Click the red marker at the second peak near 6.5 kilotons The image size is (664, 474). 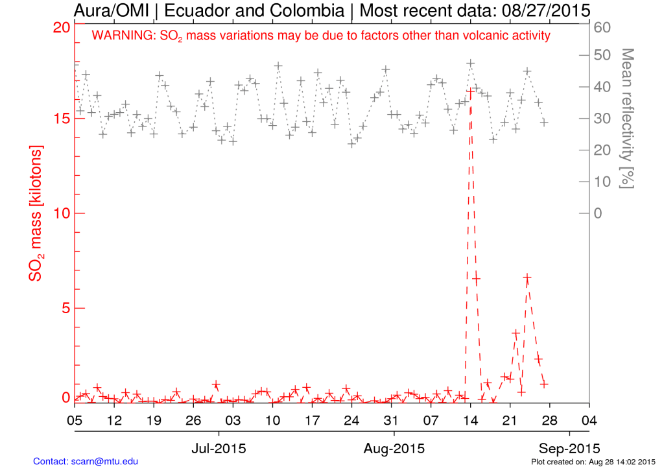tap(527, 278)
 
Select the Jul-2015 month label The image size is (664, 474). tap(219, 448)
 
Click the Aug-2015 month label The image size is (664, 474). tap(393, 448)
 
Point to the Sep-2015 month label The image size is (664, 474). tap(569, 448)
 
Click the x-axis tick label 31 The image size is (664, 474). tap(390, 420)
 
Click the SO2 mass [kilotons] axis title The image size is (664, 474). tap(37, 213)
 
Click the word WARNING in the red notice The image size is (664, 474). tap(124, 36)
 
